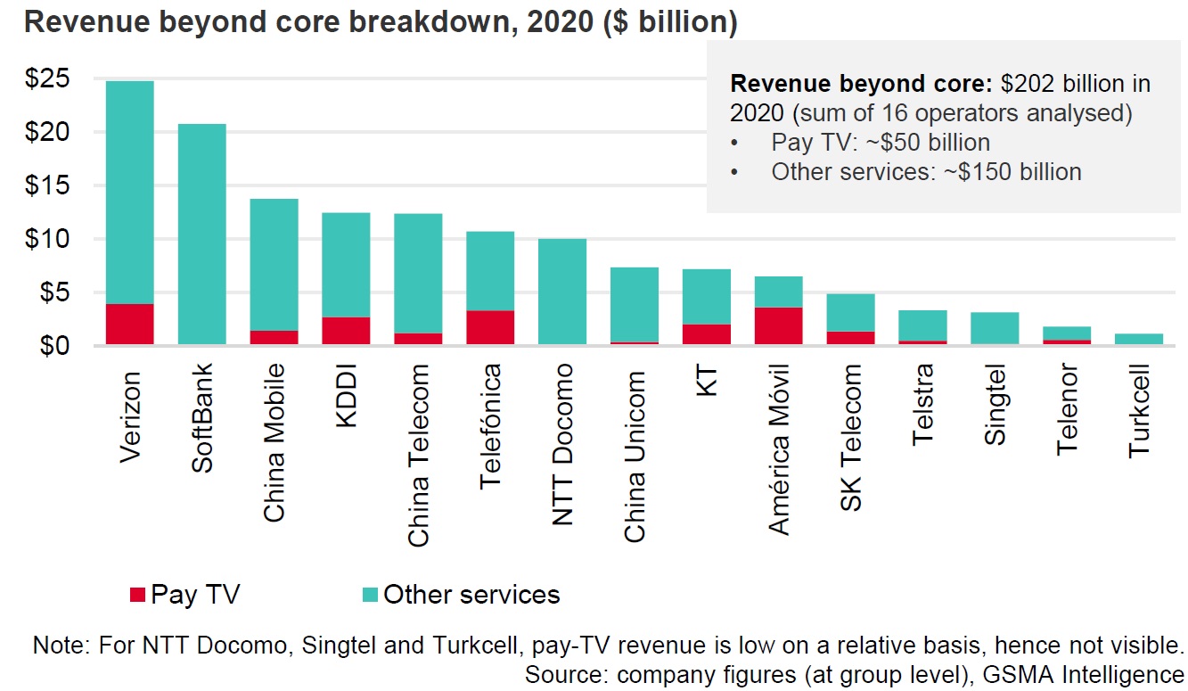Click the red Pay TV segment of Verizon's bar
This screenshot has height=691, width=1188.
[129, 324]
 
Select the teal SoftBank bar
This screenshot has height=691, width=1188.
[201, 234]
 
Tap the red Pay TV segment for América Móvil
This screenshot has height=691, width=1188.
[778, 325]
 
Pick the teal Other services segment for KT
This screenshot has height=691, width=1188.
[706, 296]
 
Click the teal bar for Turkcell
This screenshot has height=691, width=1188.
[1139, 339]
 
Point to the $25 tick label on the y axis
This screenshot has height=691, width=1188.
[45, 79]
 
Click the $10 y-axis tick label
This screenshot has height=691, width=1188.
[45, 239]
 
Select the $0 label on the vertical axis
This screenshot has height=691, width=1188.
[51, 345]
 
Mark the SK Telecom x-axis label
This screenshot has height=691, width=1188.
[851, 438]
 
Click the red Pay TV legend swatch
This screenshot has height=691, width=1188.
[137, 595]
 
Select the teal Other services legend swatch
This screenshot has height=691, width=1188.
[371, 595]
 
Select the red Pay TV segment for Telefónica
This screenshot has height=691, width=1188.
[490, 327]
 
